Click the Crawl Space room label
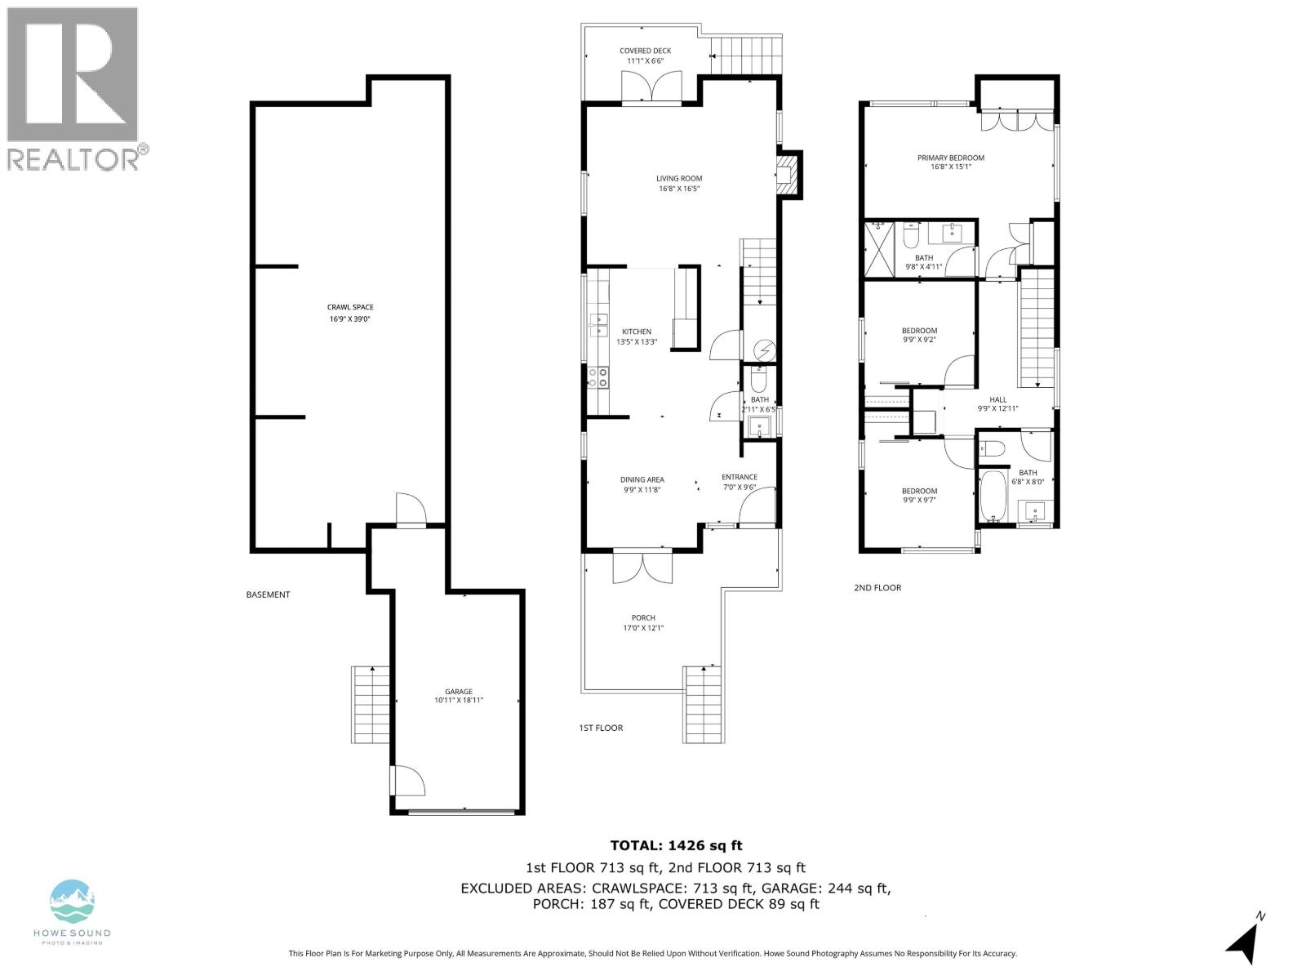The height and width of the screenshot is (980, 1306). coord(350,308)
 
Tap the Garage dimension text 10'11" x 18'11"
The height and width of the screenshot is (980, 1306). coord(459,700)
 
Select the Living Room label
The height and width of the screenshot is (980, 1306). coord(679,178)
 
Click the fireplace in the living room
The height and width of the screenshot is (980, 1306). coord(786,176)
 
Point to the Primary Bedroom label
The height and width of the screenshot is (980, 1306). coord(950,158)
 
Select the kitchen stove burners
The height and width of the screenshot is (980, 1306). coord(598,376)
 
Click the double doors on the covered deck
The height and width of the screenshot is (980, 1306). coord(651,87)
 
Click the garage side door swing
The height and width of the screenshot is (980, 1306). coord(407,780)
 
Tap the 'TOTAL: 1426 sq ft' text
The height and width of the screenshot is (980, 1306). coord(676,846)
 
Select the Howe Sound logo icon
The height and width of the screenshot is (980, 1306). coord(73,901)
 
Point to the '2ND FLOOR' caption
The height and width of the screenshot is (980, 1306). coord(877,587)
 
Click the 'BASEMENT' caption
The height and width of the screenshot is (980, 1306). coord(268,595)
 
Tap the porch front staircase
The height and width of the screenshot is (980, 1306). coord(703,704)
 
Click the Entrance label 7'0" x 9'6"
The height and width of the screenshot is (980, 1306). coord(740,482)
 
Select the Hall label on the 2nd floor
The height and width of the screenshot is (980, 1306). coord(997,399)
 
